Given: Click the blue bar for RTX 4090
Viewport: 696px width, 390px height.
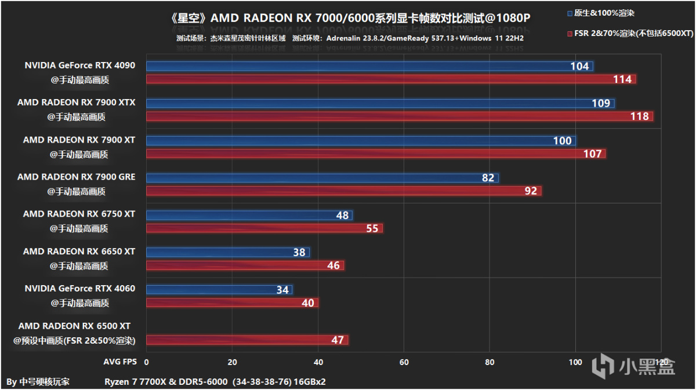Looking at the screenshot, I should pyautogui.click(x=369, y=66).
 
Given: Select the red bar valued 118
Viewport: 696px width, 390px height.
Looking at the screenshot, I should pyautogui.click(x=399, y=116).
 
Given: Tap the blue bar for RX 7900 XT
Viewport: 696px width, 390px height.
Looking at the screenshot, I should pyautogui.click(x=361, y=141).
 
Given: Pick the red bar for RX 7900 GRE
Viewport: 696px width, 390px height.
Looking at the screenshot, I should pyautogui.click(x=343, y=191).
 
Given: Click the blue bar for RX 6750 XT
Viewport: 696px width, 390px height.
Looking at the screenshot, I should pyautogui.click(x=249, y=215).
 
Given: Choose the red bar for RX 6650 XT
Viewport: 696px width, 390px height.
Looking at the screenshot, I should pyautogui.click(x=245, y=265).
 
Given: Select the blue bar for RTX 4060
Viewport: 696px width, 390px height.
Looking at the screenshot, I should pyautogui.click(x=219, y=290).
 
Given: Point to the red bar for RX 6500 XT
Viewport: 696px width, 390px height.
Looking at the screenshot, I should pyautogui.click(x=247, y=340).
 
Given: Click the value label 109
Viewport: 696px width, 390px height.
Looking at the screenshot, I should pyautogui.click(x=601, y=104).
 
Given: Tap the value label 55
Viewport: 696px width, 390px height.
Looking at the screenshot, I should pyautogui.click(x=372, y=228).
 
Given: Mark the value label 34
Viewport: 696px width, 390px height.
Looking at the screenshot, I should pyautogui.click(x=282, y=290).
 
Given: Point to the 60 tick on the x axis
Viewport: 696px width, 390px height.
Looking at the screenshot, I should pyautogui.click(x=404, y=362).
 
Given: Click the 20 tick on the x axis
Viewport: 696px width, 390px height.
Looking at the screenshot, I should pyautogui.click(x=232, y=362).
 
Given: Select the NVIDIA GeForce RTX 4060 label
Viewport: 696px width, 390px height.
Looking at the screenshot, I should pyautogui.click(x=79, y=289).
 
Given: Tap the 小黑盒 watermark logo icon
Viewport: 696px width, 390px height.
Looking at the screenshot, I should pyautogui.click(x=603, y=366).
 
